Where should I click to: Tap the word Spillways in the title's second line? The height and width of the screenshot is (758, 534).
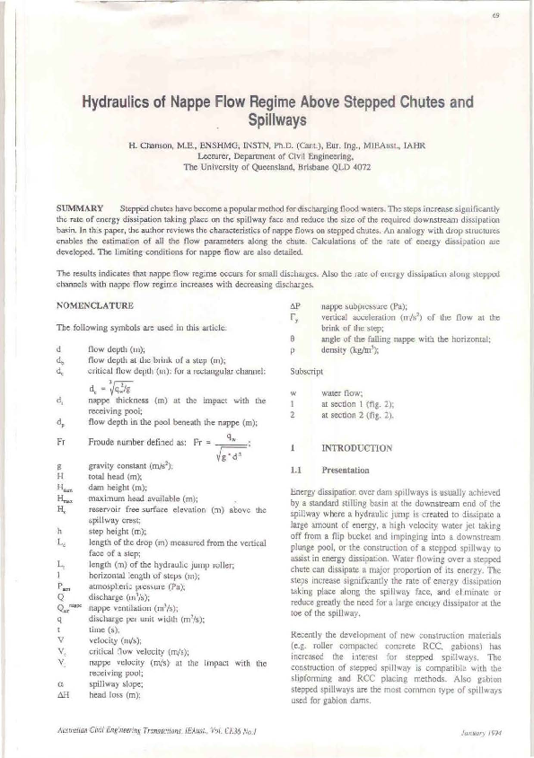click(267, 118)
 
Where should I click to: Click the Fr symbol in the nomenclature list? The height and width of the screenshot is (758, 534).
click(61, 442)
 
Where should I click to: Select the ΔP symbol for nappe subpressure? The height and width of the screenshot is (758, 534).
click(285, 306)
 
